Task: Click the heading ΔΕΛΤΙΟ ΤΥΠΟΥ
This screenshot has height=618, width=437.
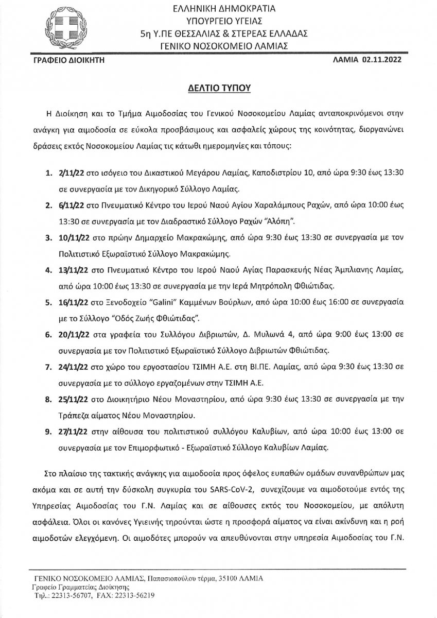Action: pyautogui.click(x=218, y=88)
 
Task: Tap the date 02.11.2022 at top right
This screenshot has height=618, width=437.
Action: pyautogui.click(x=384, y=60)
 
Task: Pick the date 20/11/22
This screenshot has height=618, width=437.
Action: pyautogui.click(x=76, y=334)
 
